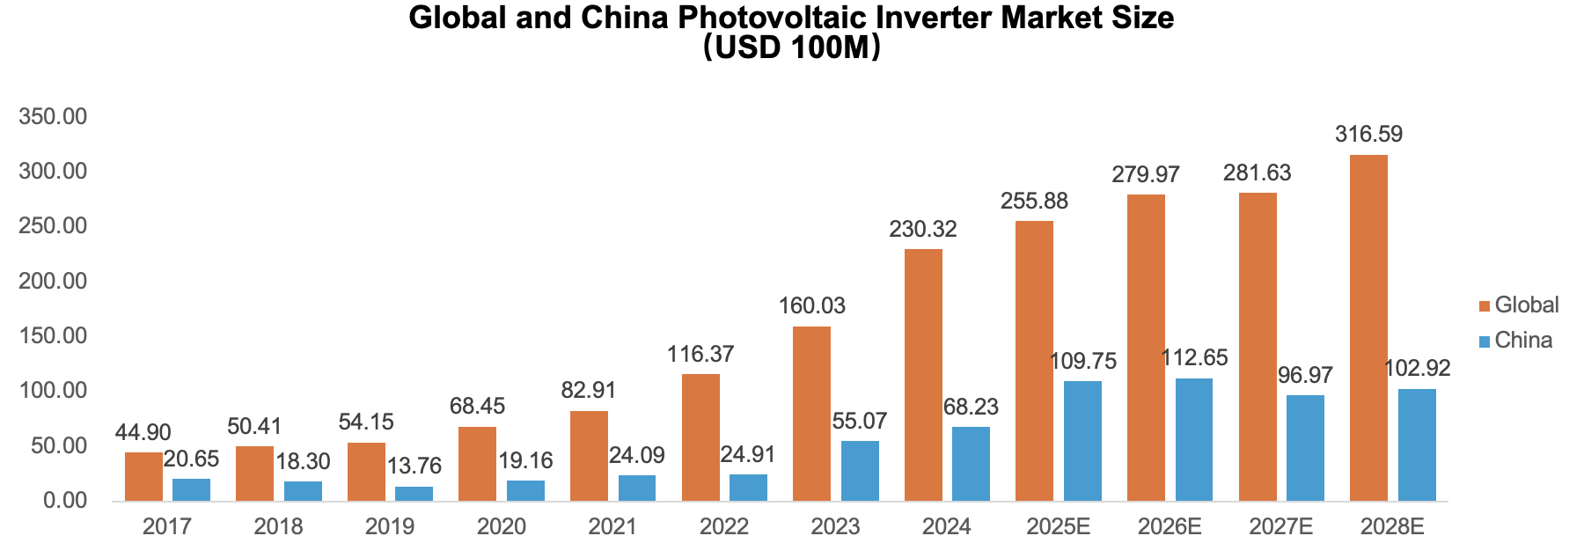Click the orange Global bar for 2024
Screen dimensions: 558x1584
[923, 375]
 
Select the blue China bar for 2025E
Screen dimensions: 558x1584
[1082, 441]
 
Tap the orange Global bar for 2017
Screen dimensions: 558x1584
[143, 476]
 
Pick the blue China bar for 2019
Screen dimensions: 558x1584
[414, 493]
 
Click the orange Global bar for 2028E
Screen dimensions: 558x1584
[1368, 327]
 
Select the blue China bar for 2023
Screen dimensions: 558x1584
[860, 471]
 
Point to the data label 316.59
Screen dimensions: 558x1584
[1368, 135]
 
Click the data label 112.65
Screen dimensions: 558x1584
[1194, 358]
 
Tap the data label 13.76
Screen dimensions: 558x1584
[414, 466]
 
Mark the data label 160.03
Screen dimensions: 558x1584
[811, 306]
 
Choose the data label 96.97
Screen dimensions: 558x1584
[1305, 376]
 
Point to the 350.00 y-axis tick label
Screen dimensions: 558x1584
[53, 116]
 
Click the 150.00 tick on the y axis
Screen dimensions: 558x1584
[53, 335]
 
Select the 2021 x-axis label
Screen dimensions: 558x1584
[612, 527]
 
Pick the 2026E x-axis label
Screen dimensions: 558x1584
[1170, 527]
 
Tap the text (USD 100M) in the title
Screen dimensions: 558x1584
[792, 48]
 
